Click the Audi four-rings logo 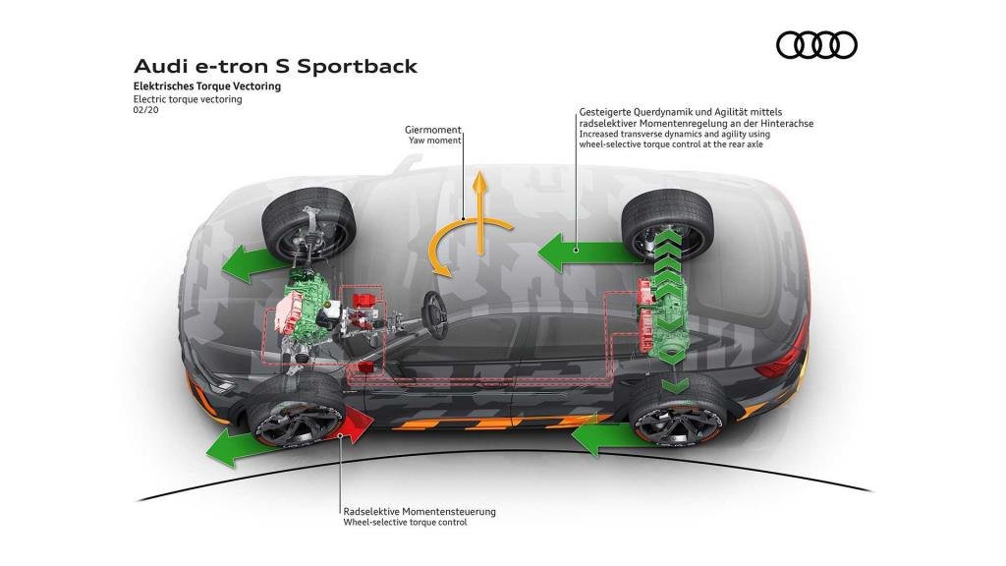point(816,45)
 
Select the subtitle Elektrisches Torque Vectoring point(207,86)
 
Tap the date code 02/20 point(145,110)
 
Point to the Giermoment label point(432,130)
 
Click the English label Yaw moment point(435,140)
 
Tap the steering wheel point(434,314)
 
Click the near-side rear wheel point(678,411)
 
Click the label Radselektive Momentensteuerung point(419,511)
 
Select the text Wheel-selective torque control point(405,523)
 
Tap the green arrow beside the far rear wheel point(586,252)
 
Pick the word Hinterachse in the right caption point(786,123)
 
